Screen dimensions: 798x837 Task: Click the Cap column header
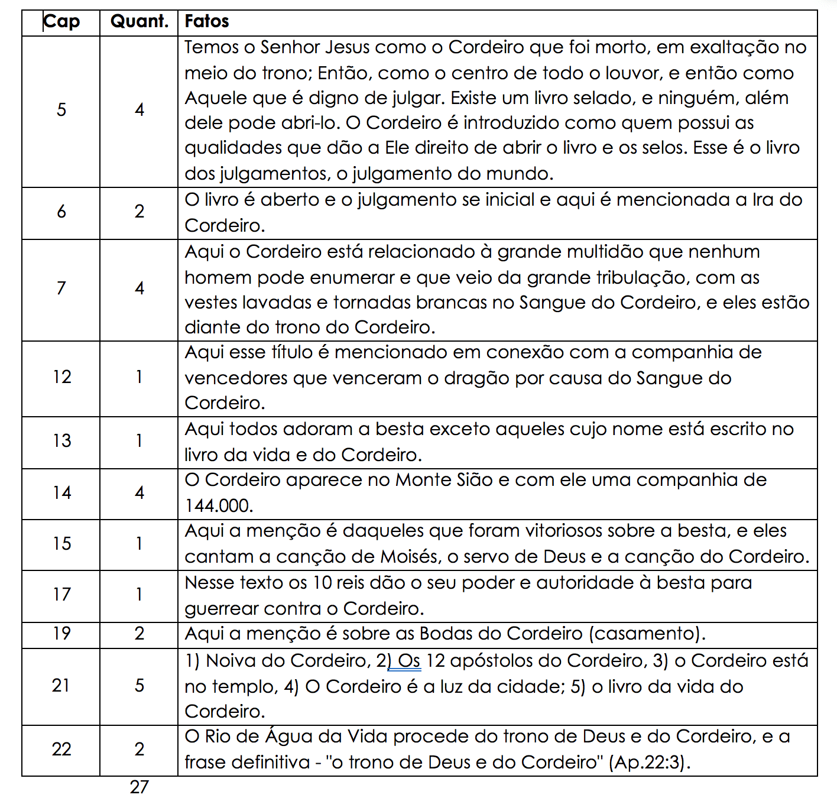(x=61, y=22)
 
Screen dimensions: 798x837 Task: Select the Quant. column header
(x=139, y=22)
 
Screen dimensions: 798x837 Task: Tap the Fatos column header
(x=207, y=22)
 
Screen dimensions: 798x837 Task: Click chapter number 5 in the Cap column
(x=61, y=110)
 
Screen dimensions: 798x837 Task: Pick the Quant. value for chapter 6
(x=139, y=212)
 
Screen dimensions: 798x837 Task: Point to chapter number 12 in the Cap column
(x=61, y=377)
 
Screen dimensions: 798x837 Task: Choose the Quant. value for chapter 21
(x=139, y=686)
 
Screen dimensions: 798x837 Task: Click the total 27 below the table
(x=139, y=787)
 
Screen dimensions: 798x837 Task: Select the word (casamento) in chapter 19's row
(x=647, y=634)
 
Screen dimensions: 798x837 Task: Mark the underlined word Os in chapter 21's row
(x=408, y=661)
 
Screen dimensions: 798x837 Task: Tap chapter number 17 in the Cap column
(x=61, y=595)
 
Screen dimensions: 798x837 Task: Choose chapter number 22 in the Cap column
(x=61, y=750)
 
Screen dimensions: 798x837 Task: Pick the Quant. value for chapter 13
(x=139, y=441)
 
